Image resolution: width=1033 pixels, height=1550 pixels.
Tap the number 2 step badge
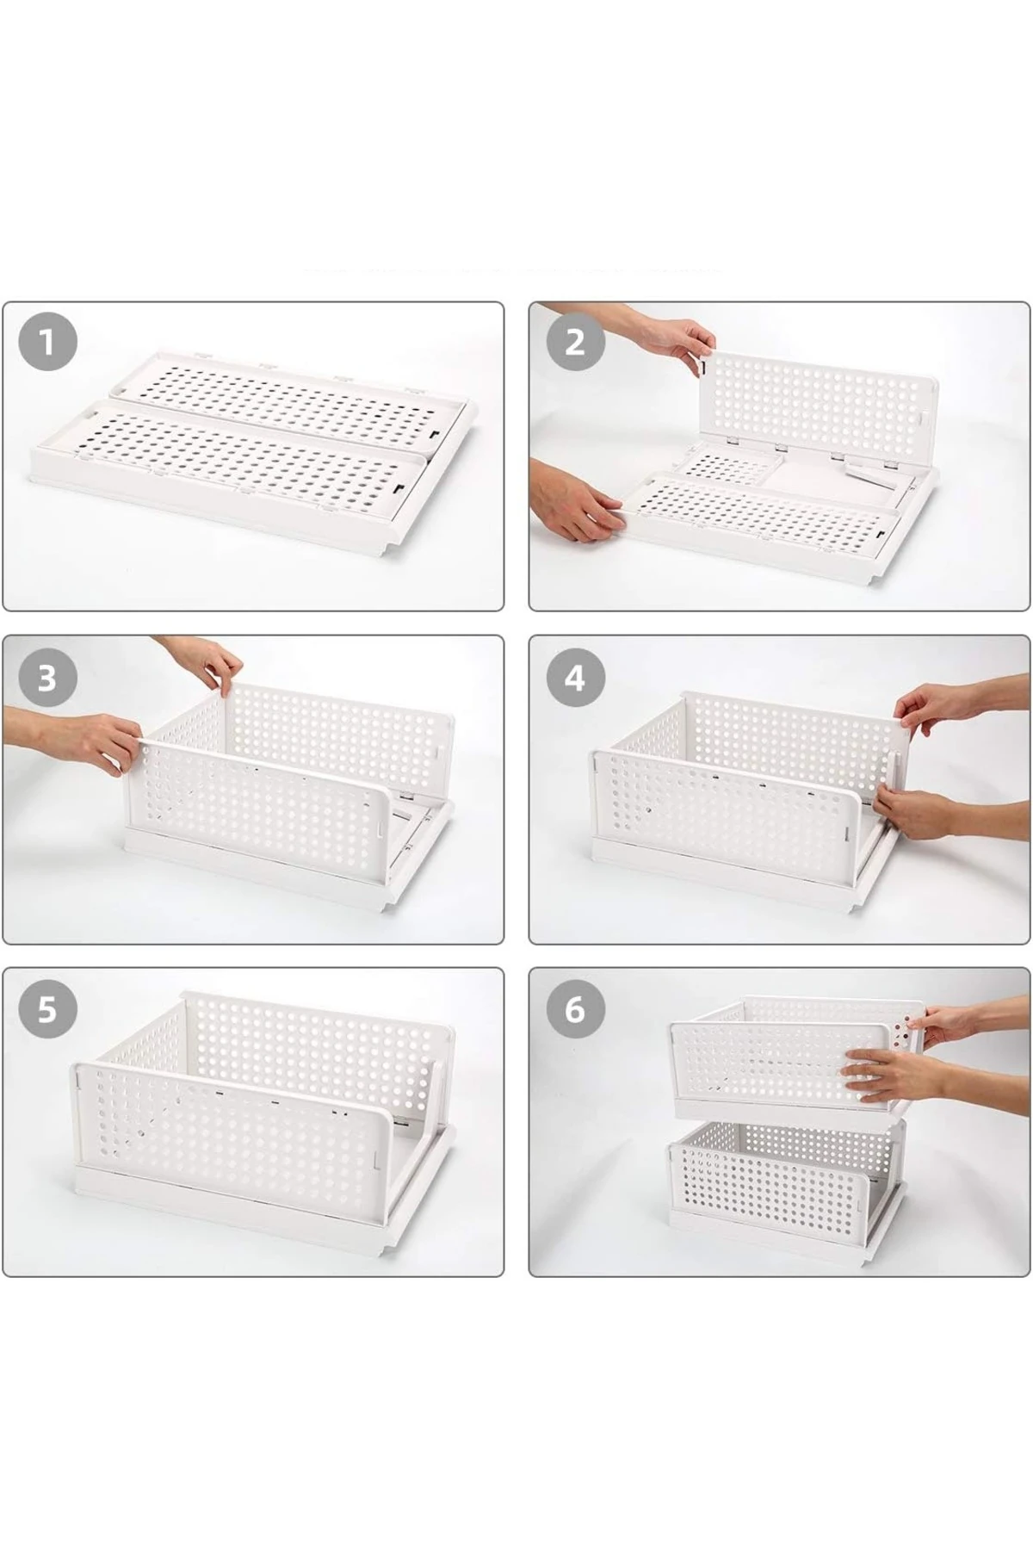575,344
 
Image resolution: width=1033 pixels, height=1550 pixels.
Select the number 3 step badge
46,679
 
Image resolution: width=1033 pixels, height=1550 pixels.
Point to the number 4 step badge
575,678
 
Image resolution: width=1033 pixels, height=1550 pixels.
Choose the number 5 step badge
46,1009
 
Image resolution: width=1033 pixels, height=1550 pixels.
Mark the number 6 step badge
575,1009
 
